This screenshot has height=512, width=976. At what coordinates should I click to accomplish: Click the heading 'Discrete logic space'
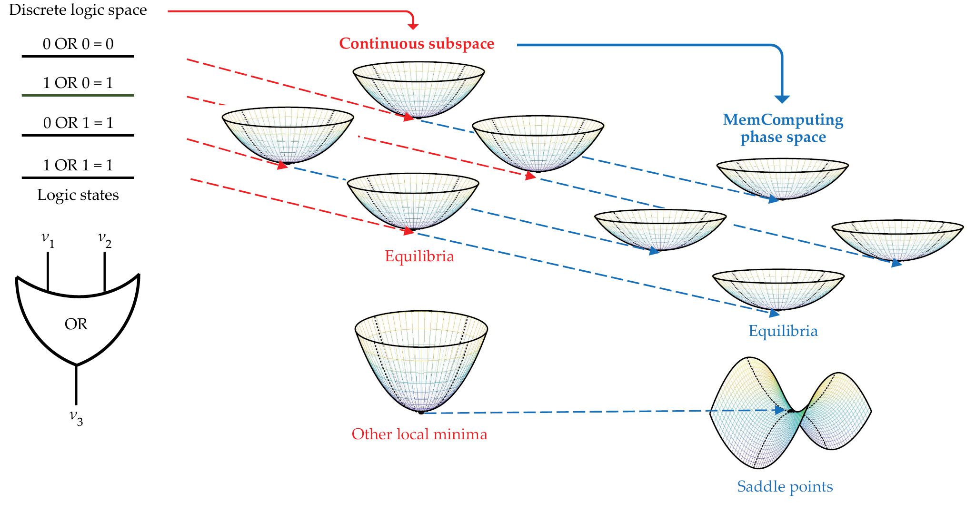(x=78, y=10)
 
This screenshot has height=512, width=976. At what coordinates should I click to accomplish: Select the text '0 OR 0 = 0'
(x=78, y=44)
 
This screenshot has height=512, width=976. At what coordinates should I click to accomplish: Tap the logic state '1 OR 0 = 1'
(x=78, y=83)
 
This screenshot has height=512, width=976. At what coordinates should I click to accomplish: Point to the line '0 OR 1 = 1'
(x=78, y=123)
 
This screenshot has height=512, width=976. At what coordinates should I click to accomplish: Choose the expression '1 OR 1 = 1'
(x=78, y=166)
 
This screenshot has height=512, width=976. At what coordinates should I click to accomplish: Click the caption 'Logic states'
(x=78, y=195)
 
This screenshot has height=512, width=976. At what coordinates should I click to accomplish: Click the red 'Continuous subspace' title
(x=417, y=44)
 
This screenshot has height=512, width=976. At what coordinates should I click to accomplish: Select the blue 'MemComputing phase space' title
(x=783, y=128)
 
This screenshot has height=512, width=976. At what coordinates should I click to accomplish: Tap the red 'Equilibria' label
(x=419, y=256)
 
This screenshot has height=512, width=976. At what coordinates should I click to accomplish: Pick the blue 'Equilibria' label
(x=783, y=331)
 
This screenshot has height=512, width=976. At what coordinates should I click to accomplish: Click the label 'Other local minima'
(x=419, y=434)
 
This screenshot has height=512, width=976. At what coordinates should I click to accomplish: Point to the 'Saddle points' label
(x=785, y=487)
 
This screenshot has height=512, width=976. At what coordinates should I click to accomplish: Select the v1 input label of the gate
(x=48, y=239)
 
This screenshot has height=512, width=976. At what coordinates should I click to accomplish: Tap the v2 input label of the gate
(x=105, y=239)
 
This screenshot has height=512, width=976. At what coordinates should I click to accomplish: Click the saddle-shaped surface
(x=790, y=412)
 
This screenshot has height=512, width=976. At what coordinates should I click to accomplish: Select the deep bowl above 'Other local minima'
(x=421, y=362)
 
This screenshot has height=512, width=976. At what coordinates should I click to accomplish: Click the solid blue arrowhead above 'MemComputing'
(x=782, y=99)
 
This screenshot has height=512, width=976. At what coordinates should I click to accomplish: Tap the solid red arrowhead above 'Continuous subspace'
(x=413, y=26)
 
